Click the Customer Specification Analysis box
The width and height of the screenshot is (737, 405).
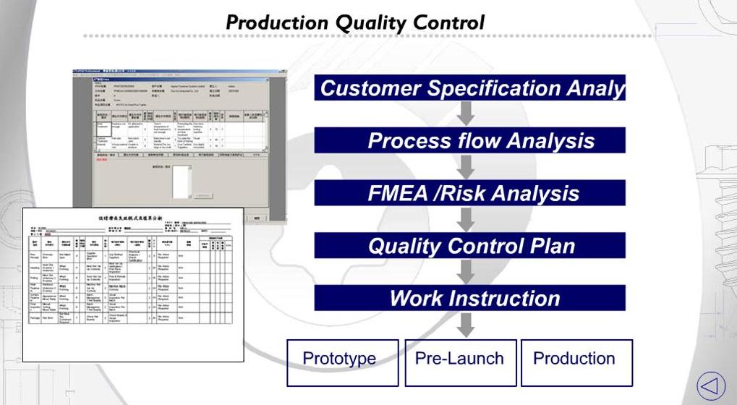point(469,88)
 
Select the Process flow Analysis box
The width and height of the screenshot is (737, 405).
point(469,140)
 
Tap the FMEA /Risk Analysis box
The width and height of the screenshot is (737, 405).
point(469,193)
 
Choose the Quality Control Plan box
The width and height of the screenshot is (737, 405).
point(469,246)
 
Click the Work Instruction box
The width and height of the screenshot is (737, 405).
point(469,298)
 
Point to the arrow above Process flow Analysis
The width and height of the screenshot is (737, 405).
point(467,113)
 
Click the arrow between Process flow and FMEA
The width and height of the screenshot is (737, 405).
point(467,166)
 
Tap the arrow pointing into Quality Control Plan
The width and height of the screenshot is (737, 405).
point(467,219)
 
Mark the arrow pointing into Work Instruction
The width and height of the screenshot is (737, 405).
point(467,272)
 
